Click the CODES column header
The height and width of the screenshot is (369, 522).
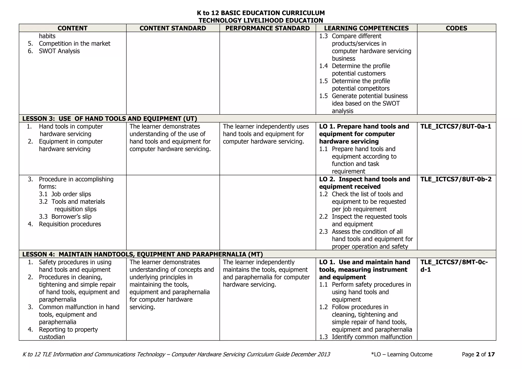[456, 28]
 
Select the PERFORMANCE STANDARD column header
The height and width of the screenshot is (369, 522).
[267, 28]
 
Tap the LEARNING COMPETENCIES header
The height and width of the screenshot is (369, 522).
[366, 28]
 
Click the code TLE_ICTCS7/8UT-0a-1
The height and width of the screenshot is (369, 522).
[456, 127]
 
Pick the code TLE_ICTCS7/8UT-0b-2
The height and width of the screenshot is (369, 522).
[456, 179]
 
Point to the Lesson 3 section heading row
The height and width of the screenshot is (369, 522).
[110, 119]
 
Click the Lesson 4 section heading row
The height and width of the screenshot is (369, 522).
[142, 254]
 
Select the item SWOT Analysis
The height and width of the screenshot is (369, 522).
[59, 51]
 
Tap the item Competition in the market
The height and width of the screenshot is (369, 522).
[74, 44]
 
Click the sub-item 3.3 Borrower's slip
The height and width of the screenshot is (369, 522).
[65, 217]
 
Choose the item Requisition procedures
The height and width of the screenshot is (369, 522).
[70, 224]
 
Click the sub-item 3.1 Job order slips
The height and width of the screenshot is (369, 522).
[65, 194]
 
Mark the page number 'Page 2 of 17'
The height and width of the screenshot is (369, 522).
[478, 354]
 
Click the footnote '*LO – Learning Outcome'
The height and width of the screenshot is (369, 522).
[402, 354]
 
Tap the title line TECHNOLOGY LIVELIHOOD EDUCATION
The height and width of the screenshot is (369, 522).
[261, 20]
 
